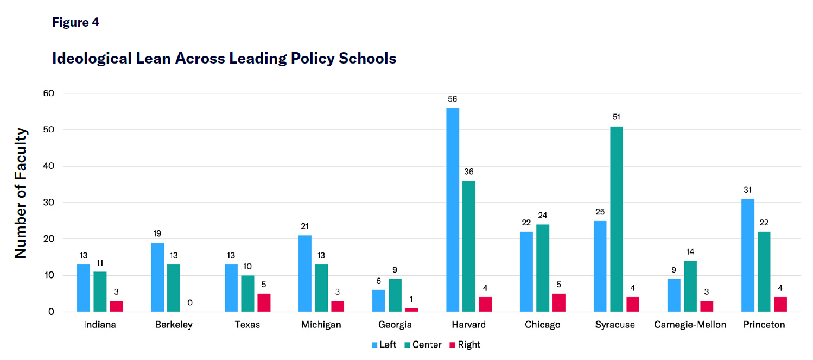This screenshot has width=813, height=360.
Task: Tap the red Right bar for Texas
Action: tap(264, 302)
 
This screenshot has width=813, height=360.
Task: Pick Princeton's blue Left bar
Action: tap(748, 255)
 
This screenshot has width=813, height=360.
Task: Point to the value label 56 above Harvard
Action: tap(453, 99)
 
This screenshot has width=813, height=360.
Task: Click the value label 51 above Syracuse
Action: tap(617, 117)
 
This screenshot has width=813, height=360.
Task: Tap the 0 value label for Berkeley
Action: tap(190, 302)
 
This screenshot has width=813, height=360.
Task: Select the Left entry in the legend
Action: tap(384, 345)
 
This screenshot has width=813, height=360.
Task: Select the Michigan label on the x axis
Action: tap(321, 325)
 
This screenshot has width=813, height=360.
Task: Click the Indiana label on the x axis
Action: tap(100, 325)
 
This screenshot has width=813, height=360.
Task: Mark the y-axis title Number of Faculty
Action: tap(21, 193)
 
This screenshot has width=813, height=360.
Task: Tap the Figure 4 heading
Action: tap(75, 22)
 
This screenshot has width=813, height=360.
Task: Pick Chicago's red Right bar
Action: tap(559, 302)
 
